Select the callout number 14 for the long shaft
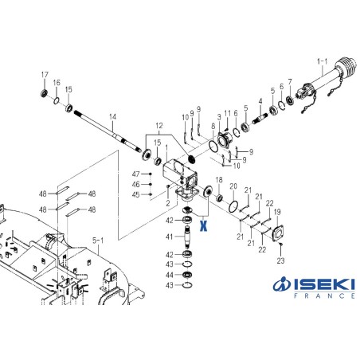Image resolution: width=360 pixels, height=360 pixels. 112,116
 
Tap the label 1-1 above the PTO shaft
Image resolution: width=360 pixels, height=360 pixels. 322,61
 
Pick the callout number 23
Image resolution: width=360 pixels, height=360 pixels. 280,260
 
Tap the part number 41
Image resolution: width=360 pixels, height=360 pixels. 169,237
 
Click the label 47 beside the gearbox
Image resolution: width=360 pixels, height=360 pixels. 135,174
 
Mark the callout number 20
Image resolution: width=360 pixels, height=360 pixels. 233,186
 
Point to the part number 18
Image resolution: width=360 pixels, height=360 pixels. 219,180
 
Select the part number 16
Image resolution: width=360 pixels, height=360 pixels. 57,82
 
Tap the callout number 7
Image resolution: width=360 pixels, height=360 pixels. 289,81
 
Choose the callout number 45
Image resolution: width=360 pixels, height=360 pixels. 135,194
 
